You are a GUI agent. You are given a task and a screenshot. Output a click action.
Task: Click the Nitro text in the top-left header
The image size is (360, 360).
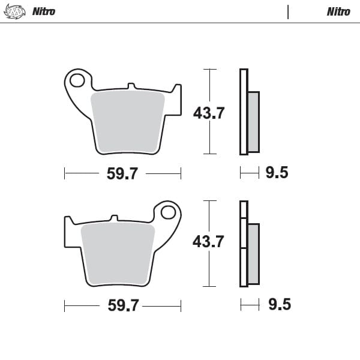[x=43, y=11]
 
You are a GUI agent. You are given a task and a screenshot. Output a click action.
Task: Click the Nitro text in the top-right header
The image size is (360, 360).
[x=338, y=11]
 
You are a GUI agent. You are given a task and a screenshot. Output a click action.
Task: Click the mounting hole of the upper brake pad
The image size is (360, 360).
[x=77, y=80]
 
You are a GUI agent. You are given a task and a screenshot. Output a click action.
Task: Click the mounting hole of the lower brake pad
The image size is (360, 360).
[x=169, y=212]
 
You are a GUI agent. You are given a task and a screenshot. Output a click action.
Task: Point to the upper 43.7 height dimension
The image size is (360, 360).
[x=208, y=113]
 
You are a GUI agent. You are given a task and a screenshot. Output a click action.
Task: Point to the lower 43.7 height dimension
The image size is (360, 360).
[x=208, y=242]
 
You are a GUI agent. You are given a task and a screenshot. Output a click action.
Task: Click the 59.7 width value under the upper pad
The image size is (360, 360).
[x=122, y=174]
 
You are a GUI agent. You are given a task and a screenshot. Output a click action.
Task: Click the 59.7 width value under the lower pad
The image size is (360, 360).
[x=123, y=305]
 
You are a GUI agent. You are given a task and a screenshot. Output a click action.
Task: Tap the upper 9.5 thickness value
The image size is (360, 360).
[x=277, y=173]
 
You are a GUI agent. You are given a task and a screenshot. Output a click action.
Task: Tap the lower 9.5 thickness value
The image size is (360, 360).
[x=279, y=305]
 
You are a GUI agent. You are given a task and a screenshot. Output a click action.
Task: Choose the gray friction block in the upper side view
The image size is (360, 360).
[x=253, y=121]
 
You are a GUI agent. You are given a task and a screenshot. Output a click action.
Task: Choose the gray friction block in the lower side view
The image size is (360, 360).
[x=253, y=253]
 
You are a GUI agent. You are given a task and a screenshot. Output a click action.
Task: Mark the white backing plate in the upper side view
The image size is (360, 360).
[x=244, y=112]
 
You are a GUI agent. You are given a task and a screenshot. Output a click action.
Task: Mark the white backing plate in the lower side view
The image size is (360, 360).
[x=244, y=244]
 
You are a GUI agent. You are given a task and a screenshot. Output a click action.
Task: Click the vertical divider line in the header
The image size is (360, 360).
[x=288, y=11]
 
